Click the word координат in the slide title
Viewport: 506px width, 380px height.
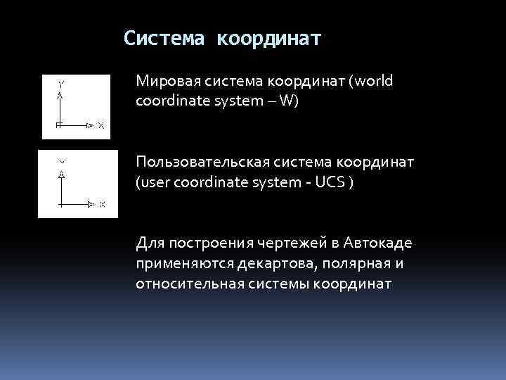(269, 38)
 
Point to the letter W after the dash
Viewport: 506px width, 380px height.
(285, 101)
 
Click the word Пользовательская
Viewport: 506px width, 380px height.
(197, 163)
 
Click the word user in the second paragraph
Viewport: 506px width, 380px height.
(154, 182)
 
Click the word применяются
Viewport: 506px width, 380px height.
(178, 264)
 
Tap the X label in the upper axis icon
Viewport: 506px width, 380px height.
(100, 126)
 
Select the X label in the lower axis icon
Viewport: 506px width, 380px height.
(102, 205)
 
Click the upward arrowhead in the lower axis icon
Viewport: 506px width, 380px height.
(62, 174)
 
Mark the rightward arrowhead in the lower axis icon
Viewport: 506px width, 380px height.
(91, 204)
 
